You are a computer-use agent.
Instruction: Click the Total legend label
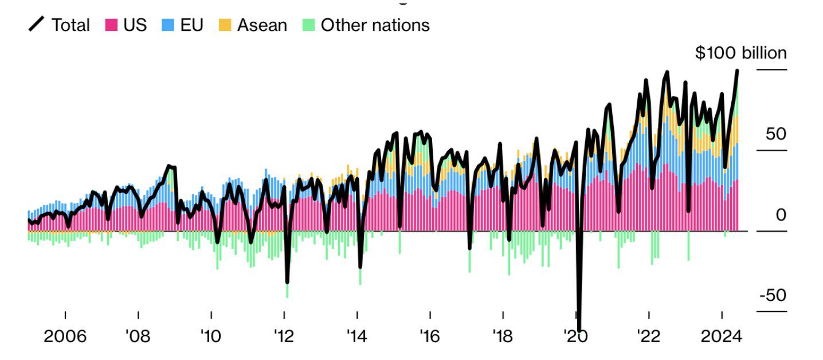click(x=70, y=25)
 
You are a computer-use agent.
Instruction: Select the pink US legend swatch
click(x=111, y=25)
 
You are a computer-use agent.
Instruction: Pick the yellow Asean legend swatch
click(x=225, y=25)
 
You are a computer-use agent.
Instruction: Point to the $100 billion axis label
click(x=741, y=53)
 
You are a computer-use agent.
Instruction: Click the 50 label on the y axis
click(x=777, y=134)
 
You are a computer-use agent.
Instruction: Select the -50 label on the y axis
click(x=773, y=296)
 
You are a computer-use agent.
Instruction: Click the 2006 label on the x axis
click(x=65, y=336)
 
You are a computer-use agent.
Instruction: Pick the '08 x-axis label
click(x=138, y=336)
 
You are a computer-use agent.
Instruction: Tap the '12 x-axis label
click(x=284, y=336)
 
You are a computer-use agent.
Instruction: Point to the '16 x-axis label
click(x=429, y=336)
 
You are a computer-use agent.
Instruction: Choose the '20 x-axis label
click(x=575, y=336)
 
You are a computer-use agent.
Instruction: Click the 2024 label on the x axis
click(x=722, y=336)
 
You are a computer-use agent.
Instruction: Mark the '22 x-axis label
click(x=648, y=336)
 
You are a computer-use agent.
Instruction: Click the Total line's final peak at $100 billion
click(x=737, y=71)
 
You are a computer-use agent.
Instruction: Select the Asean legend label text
click(x=262, y=25)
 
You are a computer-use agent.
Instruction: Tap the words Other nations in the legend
click(x=375, y=25)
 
